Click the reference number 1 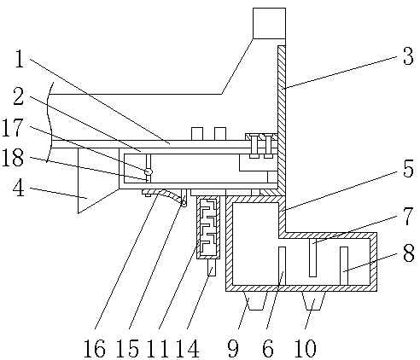[x=20, y=59]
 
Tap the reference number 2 [x=19, y=96]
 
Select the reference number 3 [x=408, y=56]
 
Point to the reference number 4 [x=19, y=188]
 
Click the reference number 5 [x=408, y=168]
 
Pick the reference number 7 [x=408, y=216]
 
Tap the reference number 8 [x=409, y=253]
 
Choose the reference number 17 [x=12, y=128]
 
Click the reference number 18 [x=13, y=157]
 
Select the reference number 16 [x=95, y=348]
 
